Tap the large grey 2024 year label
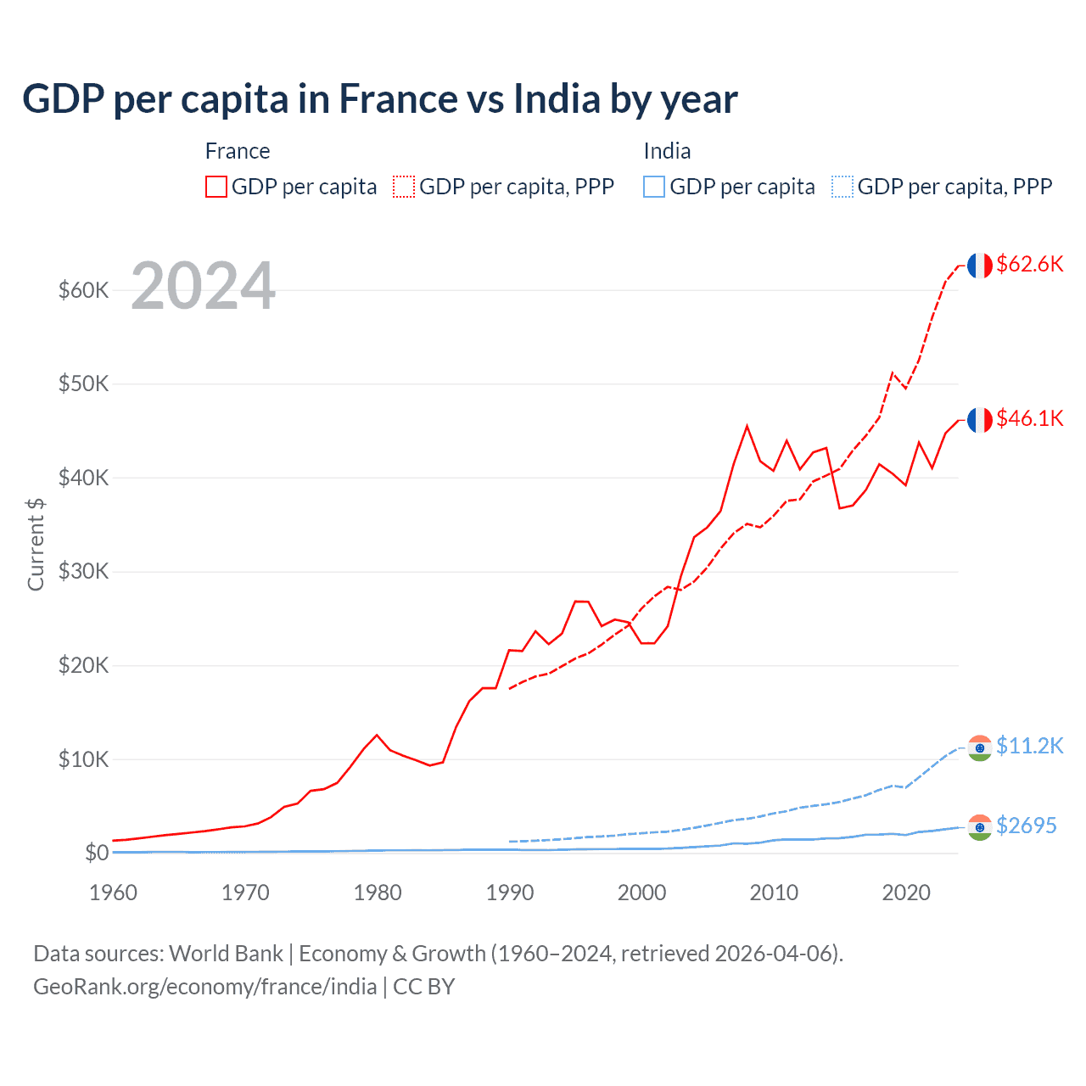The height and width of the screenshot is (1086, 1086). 203,286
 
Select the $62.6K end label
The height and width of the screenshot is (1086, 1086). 1029,264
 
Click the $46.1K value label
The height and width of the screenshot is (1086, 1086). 1029,418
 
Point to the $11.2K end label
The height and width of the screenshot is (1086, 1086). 1029,746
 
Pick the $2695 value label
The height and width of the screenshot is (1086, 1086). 1026,826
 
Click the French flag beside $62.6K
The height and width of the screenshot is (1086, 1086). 980,266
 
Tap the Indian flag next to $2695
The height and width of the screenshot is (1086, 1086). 980,827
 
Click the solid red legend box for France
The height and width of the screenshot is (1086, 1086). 216,187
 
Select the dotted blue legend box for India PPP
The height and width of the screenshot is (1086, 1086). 842,187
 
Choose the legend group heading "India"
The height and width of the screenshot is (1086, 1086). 667,151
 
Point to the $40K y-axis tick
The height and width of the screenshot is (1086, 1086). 83,478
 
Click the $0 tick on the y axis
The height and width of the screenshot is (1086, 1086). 97,853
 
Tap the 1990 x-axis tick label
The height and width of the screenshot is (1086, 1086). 510,893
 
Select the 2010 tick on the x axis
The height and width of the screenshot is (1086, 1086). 774,893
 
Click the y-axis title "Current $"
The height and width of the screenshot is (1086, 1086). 36,545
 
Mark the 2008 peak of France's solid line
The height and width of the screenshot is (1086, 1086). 747,426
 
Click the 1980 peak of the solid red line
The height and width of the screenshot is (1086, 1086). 377,735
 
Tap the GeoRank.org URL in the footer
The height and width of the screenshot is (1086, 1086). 204,987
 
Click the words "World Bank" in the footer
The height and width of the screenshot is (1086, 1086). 226,954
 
